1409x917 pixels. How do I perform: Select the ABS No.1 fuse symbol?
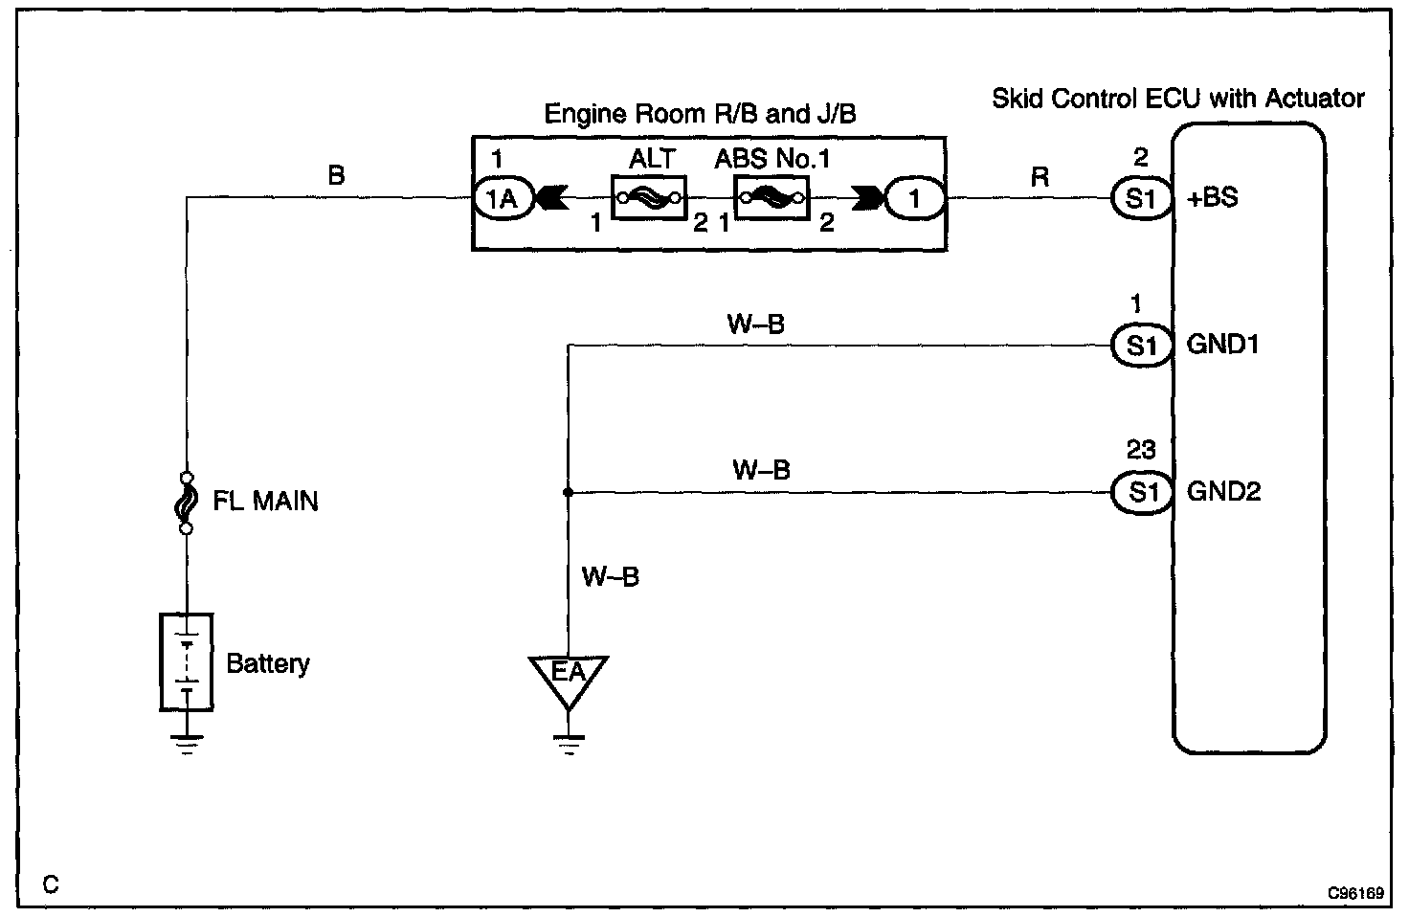coord(771,198)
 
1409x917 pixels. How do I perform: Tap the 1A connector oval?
coord(502,199)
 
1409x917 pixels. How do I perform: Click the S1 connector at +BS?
coord(1140,199)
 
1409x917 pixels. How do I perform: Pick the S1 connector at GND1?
coord(1140,346)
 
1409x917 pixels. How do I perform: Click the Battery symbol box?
coord(187,662)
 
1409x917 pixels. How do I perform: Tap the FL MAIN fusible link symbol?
coord(187,502)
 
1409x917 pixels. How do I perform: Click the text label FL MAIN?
coord(265,502)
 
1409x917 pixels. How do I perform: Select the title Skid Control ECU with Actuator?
coord(1177,99)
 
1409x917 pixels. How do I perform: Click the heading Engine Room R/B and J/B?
coord(700,115)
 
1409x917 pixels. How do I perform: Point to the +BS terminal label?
coord(1213,199)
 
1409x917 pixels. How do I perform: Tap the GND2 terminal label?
coord(1223,492)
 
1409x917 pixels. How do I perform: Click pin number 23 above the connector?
coord(1141,450)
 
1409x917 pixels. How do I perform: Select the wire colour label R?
coord(1040,177)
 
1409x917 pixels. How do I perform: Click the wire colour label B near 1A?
coord(336,176)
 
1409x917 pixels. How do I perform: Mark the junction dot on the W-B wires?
coord(568,493)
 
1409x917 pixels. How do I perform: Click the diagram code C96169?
coord(1355,894)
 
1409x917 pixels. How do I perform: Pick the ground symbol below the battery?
coord(187,743)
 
